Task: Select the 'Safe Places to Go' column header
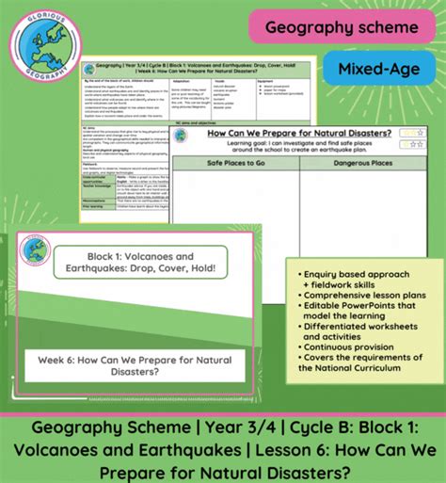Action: (x=235, y=162)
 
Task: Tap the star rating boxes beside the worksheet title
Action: (x=411, y=138)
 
